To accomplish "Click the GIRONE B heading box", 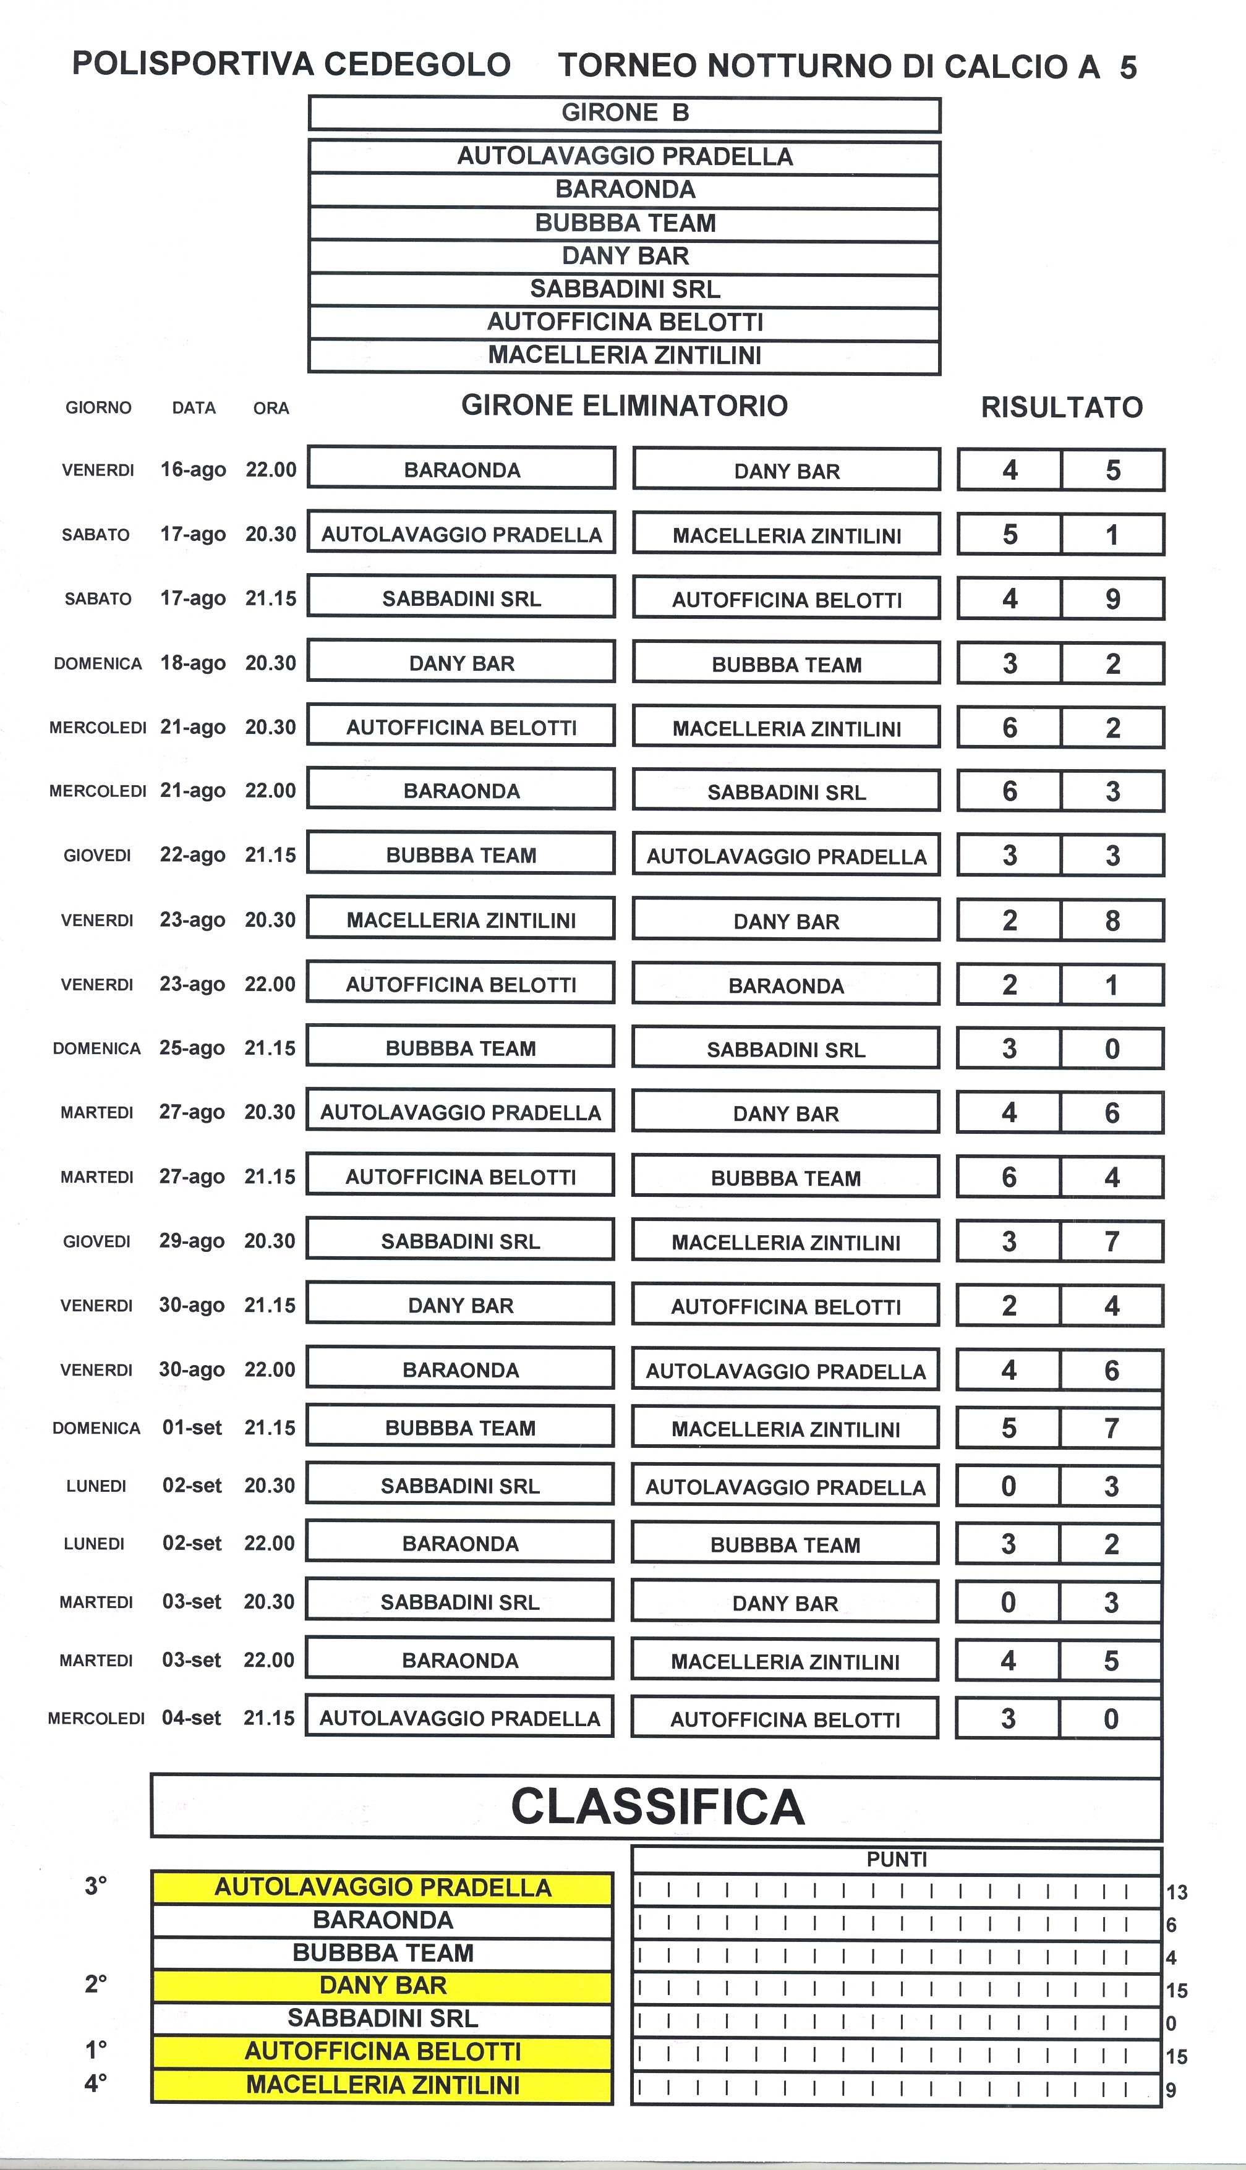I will pos(624,114).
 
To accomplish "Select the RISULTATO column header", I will pos(1061,407).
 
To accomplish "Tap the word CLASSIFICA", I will pos(657,1806).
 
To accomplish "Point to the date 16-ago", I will pos(194,470).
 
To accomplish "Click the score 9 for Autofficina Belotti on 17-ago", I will pos(1112,598).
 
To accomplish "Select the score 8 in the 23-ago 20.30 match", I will pos(1112,921).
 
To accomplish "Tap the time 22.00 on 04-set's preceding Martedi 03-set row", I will pos(269,1660).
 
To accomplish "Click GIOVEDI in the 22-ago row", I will pos(96,856).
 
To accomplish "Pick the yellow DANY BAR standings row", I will pos(383,1985).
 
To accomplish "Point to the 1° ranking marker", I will pos(96,2049).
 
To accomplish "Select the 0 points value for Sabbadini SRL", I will pos(1171,2023).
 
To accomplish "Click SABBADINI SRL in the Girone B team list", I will pos(624,289).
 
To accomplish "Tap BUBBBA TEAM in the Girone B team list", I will pos(624,223).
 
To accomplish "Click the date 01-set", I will pos(192,1428).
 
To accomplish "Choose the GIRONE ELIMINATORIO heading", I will pos(624,406).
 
